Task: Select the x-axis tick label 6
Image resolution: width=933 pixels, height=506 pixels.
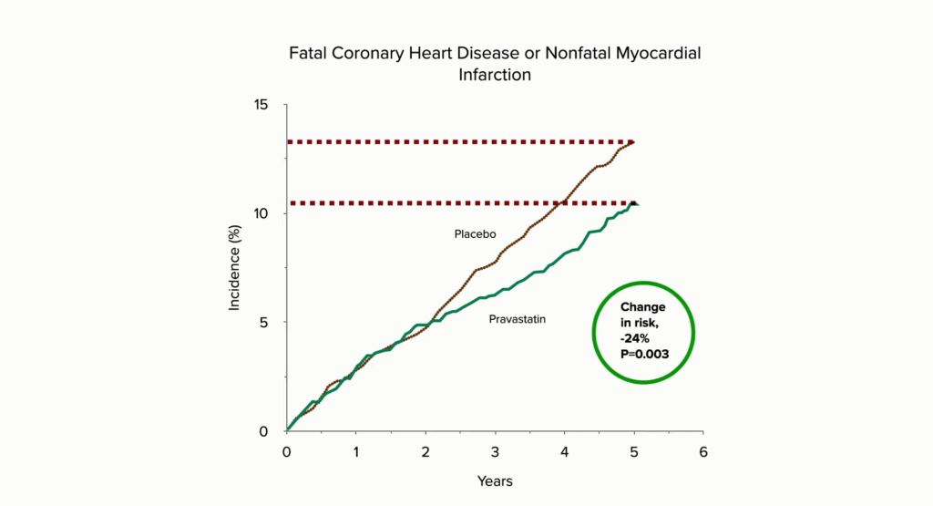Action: (x=702, y=452)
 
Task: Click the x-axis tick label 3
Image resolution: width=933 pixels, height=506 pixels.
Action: (x=495, y=452)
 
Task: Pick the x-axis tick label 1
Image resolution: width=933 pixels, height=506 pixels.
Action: (x=356, y=452)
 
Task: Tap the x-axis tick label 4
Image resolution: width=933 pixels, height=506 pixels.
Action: (x=564, y=452)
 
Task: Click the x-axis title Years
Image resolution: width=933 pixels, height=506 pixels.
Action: (x=495, y=480)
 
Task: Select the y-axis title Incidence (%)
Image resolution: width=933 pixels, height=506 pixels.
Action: (x=235, y=268)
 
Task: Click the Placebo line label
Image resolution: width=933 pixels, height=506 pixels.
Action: (x=475, y=234)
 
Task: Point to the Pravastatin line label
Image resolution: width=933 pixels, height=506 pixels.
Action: (x=518, y=319)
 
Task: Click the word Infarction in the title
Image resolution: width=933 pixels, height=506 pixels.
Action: (x=495, y=75)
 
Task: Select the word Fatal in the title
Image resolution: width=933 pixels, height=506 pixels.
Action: (x=309, y=54)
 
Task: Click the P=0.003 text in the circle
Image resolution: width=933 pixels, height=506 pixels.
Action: (x=645, y=354)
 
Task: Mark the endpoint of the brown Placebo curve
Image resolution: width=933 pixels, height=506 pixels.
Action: (x=632, y=142)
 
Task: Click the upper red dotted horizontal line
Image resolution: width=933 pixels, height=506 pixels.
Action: (x=456, y=142)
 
